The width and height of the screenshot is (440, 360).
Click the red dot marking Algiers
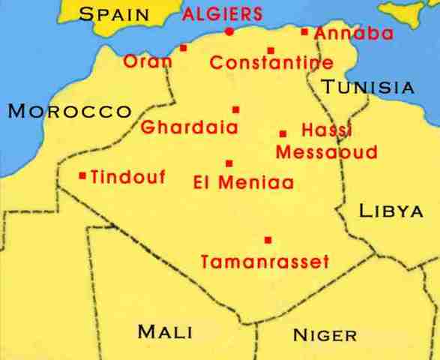coord(229,31)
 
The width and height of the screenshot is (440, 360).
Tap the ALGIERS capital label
coord(223,13)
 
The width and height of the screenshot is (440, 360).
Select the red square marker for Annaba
coord(304,31)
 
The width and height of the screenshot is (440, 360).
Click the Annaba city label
coord(344,34)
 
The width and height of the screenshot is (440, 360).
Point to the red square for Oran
coord(183,48)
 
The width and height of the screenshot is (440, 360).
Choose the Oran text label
coord(147,61)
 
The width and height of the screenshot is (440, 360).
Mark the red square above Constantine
coord(271,51)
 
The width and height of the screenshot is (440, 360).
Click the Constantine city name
coord(261,64)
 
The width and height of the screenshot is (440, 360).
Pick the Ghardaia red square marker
coord(235,109)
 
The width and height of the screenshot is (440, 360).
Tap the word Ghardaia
coord(190,127)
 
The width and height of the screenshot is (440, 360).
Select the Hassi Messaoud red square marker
coord(283,133)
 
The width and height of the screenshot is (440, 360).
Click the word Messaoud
coord(316,152)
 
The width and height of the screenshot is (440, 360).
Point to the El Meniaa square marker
coord(229,163)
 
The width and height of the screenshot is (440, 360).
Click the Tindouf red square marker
coord(82,176)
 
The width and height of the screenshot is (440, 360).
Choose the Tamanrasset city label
coord(265,262)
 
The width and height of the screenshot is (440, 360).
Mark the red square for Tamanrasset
coord(268,240)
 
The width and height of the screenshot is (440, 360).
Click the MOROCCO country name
coord(69,112)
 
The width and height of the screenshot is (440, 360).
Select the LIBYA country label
coord(391,211)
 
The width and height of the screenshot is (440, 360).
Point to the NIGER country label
coord(325,334)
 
